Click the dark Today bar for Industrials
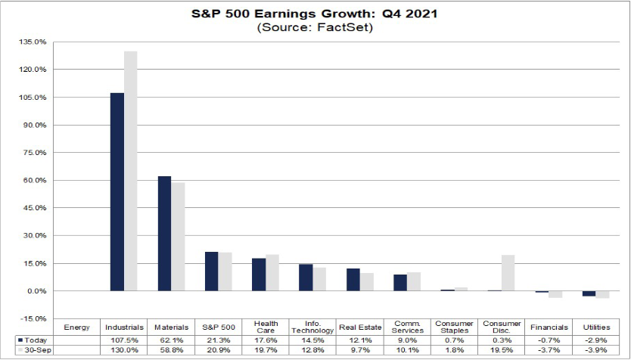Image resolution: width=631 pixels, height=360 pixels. tap(117, 192)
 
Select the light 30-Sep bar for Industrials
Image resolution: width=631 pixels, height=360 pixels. tap(131, 171)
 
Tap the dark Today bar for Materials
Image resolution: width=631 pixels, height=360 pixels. tap(164, 234)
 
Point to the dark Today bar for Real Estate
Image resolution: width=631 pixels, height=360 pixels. tap(353, 280)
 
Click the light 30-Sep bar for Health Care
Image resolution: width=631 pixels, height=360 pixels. tap(272, 273)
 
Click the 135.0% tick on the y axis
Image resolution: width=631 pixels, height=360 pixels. tap(36, 42)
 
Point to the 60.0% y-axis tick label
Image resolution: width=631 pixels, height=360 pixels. tap(36, 180)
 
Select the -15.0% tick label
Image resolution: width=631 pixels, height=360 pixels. tap(36, 318)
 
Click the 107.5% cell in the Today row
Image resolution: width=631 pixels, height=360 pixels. tap(124, 341)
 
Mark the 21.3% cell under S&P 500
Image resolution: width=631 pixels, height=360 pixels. tap(219, 341)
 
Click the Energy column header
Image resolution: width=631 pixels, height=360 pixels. tap(77, 327)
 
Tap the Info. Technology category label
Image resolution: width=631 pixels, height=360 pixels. tap(312, 327)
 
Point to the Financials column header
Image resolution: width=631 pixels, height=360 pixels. tap(549, 327)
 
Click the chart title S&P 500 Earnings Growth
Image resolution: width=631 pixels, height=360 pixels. tap(315, 14)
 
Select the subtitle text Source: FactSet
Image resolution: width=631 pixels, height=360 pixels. tap(315, 27)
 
